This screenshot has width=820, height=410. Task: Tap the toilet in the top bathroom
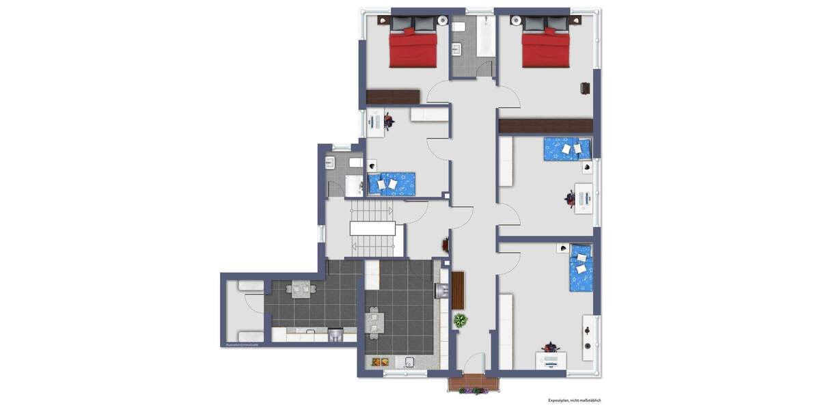coord(459,27)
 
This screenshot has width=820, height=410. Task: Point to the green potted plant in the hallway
coord(461,320)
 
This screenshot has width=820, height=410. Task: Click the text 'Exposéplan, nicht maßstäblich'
coord(574,400)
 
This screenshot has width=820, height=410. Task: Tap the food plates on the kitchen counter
coord(380,362)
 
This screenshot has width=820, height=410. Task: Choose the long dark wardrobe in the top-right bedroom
coord(545,126)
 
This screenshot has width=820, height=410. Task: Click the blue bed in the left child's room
coord(392,183)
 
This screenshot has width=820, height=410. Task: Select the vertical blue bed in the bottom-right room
coord(581,267)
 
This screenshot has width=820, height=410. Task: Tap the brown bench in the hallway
coord(458,289)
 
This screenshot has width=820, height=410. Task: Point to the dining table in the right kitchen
coord(373,323)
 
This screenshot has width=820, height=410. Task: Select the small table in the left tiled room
coord(301,290)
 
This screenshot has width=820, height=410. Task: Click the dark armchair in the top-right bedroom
coord(586,87)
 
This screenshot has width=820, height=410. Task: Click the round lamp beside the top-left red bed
coord(443,20)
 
